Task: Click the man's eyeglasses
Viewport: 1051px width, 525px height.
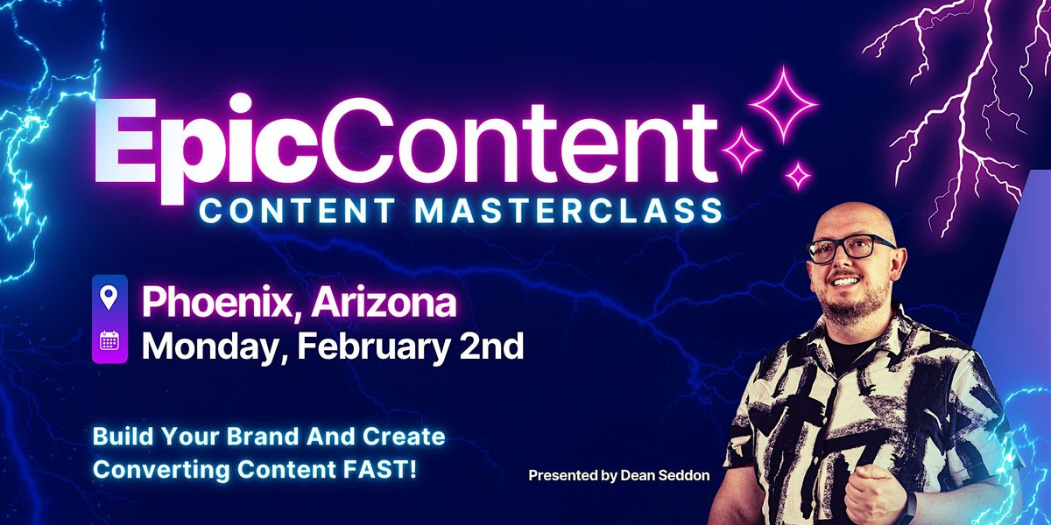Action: [x=850, y=249]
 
